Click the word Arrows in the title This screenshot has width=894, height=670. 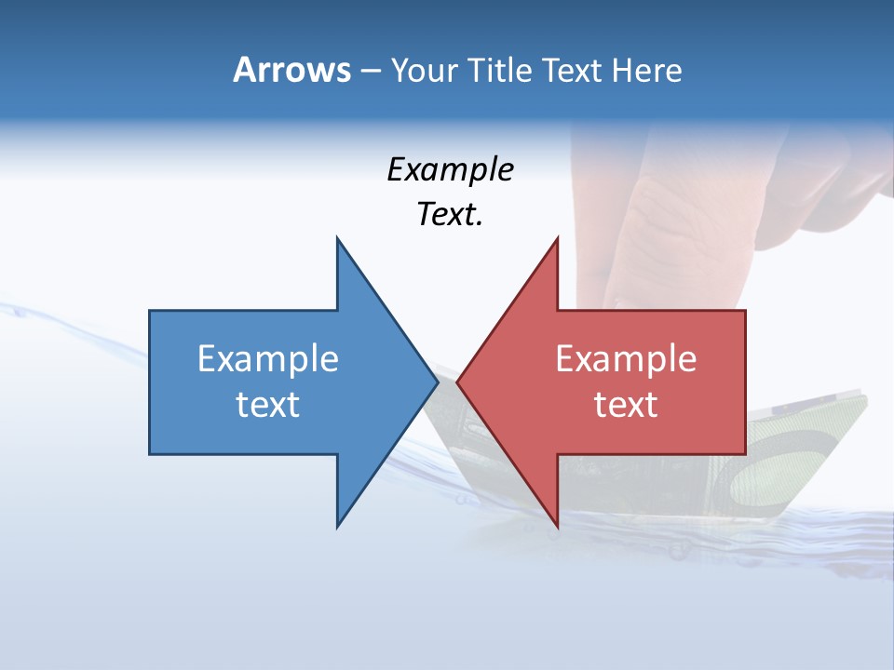pos(291,70)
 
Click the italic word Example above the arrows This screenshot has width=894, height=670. pos(450,170)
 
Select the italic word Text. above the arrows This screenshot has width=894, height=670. pos(450,215)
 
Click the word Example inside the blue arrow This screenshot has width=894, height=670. pos(268,359)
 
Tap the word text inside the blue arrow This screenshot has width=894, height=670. pos(268,404)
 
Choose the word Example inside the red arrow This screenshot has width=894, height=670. pos(626,359)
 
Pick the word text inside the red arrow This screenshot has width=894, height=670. pos(626,404)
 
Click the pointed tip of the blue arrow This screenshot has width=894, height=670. pos(437,382)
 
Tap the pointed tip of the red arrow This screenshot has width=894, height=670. pos(457,382)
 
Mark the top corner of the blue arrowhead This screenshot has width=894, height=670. pos(337,238)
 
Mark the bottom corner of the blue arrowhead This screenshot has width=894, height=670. pos(337,527)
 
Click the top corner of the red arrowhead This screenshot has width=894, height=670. pos(557,238)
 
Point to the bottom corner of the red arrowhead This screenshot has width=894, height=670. pos(557,527)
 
